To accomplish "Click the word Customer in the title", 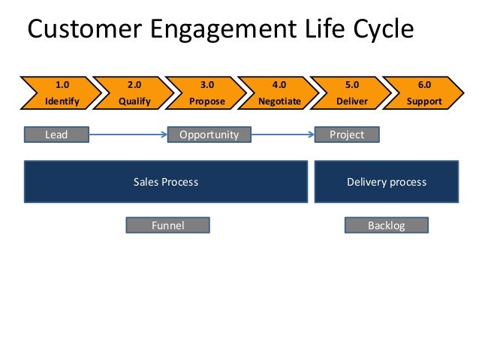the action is (x=85, y=29).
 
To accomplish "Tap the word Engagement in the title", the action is (x=223, y=30).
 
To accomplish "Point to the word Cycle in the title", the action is (x=384, y=30).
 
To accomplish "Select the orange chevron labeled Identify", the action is (x=61, y=93).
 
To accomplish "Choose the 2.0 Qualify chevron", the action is (x=133, y=93).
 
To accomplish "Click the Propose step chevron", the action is (x=206, y=93).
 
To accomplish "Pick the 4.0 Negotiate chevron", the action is (x=279, y=93).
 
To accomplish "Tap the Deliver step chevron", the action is (x=351, y=93).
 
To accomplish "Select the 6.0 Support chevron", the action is (x=423, y=93).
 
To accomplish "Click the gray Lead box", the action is (x=56, y=135).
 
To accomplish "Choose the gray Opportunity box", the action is (x=209, y=135).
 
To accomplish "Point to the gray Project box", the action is (x=347, y=135).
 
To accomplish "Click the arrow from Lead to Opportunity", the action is (x=128, y=135).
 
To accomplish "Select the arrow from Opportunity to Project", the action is (x=283, y=135).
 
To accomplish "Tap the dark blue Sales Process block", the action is (x=166, y=182).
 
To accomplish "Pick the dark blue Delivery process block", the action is (x=387, y=182).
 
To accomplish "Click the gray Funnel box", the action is (x=167, y=225).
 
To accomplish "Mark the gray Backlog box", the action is (x=387, y=225).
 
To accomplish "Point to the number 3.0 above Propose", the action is (x=206, y=85).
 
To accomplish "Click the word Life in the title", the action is (x=325, y=29).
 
